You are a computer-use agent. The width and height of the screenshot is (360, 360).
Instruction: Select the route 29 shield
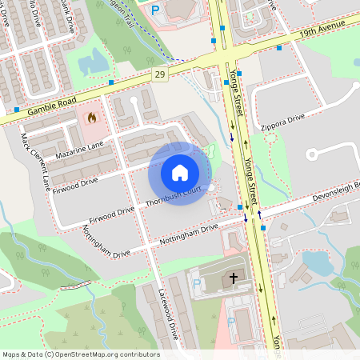pyautogui.click(x=161, y=74)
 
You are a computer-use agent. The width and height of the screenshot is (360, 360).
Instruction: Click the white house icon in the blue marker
pyautogui.click(x=180, y=173)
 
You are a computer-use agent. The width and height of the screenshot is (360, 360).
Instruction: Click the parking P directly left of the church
pyautogui.click(x=197, y=283)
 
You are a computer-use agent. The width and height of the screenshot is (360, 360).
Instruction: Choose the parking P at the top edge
pyautogui.click(x=155, y=10)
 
